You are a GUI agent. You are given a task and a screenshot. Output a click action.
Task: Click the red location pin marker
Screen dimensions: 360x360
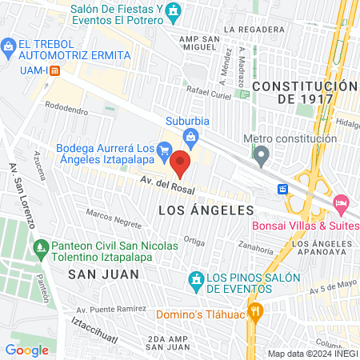pos(181,164)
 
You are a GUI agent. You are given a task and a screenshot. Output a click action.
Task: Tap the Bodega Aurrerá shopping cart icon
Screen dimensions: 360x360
pos(164,148)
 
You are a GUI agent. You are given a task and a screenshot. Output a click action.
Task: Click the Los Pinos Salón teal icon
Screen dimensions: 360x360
pos(194,279)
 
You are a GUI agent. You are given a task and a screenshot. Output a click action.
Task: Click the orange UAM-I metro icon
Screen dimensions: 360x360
pos(54,70)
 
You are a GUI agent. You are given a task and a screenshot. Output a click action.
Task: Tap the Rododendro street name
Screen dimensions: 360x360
pos(67,105)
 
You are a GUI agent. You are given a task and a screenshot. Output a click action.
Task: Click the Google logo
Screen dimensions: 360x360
pos(26,350)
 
